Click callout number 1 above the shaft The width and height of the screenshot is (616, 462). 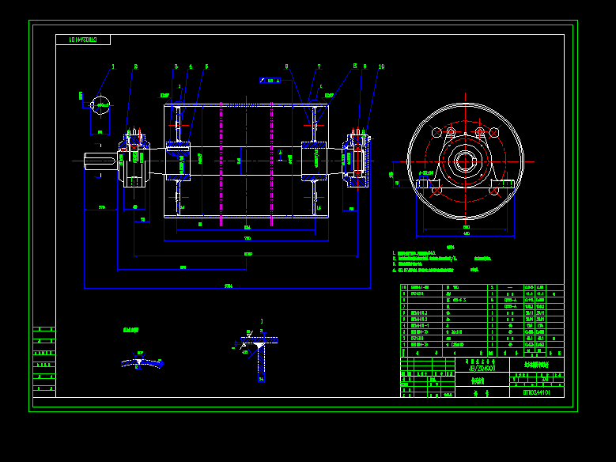pyautogui.click(x=113, y=67)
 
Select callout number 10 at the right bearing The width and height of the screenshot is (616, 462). pyautogui.click(x=381, y=67)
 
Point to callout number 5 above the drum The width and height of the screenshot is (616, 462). pyautogui.click(x=206, y=67)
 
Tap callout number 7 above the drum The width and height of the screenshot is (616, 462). pyautogui.click(x=319, y=67)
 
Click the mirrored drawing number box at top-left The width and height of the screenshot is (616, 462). pyautogui.click(x=83, y=40)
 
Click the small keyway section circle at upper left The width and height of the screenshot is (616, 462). pyautogui.click(x=100, y=104)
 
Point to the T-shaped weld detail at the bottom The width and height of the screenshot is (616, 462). pyautogui.click(x=259, y=352)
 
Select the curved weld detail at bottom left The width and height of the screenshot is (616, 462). pyautogui.click(x=141, y=362)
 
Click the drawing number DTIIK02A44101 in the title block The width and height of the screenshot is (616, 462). pyautogui.click(x=542, y=392)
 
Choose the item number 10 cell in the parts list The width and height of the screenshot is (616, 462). pyautogui.click(x=405, y=288)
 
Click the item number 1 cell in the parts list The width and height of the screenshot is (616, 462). pyautogui.click(x=405, y=345)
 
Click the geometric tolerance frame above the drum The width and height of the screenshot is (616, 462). pyautogui.click(x=270, y=80)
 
